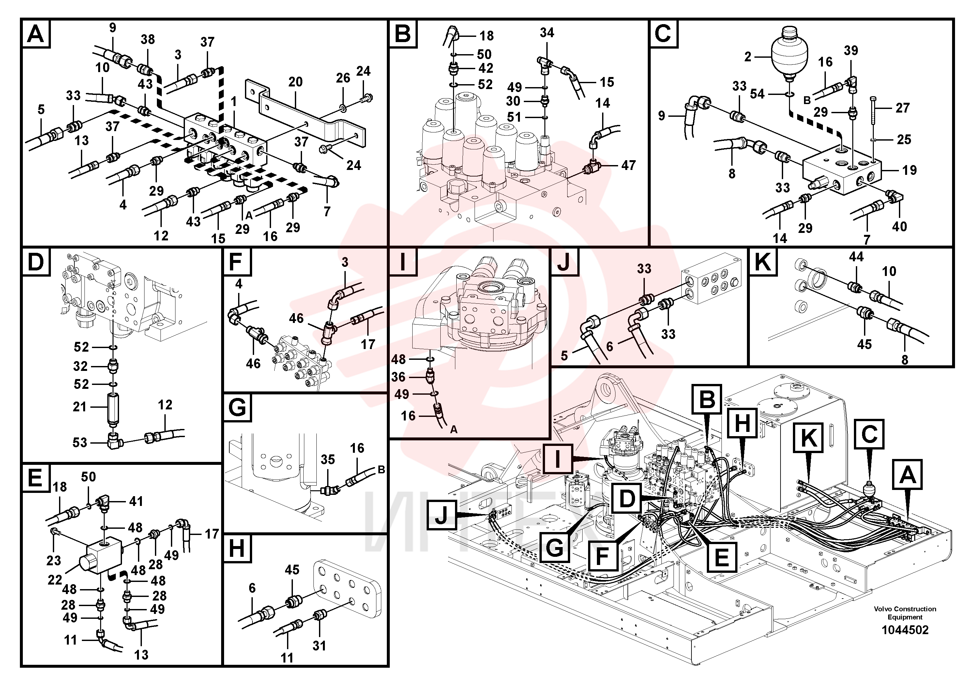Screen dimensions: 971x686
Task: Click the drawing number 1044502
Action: (905, 630)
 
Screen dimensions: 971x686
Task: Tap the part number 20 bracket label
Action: (295, 82)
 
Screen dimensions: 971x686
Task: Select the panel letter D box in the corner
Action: (36, 262)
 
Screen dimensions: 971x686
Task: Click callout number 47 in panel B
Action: (629, 165)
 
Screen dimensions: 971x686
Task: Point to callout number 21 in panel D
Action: (80, 407)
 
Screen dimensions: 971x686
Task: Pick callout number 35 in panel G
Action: (328, 460)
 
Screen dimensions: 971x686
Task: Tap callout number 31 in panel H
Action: (319, 646)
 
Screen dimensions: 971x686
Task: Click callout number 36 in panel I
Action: (398, 377)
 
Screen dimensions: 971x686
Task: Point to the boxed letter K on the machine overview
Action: (809, 437)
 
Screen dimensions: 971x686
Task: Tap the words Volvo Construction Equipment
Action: (905, 613)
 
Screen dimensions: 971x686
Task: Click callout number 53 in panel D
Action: (80, 442)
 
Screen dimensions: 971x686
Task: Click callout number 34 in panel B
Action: (547, 33)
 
